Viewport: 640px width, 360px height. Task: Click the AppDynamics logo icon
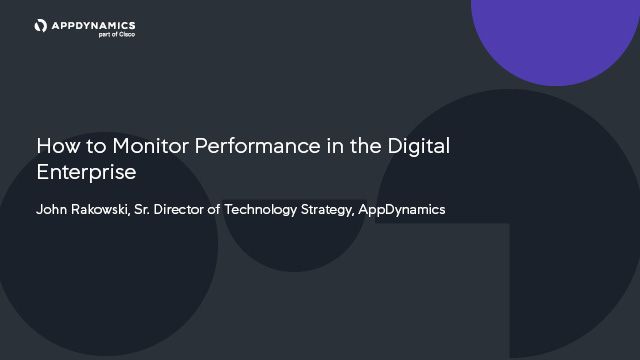(x=41, y=25)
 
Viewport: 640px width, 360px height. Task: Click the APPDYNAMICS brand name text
(x=92, y=24)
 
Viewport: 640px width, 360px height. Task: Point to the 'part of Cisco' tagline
(x=118, y=34)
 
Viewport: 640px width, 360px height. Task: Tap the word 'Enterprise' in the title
(x=86, y=172)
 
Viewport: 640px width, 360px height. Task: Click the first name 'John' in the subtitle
(x=52, y=210)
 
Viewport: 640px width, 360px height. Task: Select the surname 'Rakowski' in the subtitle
(x=102, y=210)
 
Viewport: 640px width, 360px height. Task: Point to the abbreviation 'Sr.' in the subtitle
(x=146, y=210)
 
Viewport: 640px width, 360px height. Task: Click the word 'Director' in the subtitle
(x=186, y=210)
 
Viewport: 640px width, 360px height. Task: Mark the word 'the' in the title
(x=366, y=146)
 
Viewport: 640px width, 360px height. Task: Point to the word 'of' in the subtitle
(x=226, y=210)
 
